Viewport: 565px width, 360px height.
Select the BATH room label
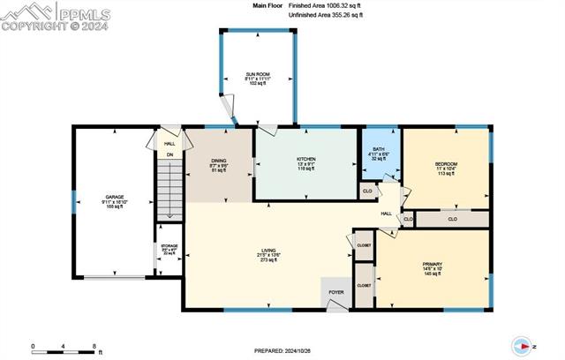(379, 149)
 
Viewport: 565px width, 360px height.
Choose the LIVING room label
(263, 251)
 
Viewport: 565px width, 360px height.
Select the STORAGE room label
(168, 247)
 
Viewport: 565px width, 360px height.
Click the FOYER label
(337, 290)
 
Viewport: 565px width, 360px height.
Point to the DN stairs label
(170, 154)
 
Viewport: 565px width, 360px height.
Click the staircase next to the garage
(169, 190)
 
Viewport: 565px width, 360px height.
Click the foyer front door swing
(335, 304)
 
